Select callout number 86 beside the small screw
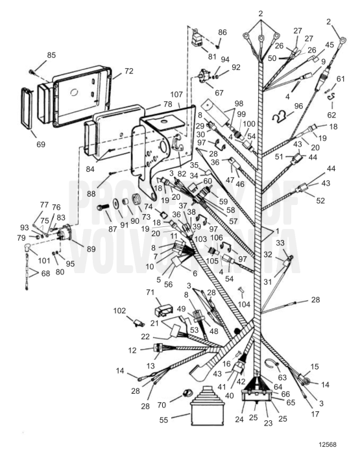pos(222,32)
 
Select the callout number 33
pos(280,242)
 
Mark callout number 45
pos(329,45)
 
